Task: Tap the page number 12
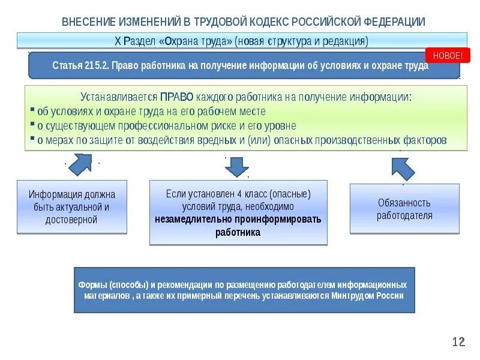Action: (x=458, y=342)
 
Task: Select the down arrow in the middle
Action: (x=237, y=166)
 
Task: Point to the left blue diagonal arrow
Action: (x=79, y=163)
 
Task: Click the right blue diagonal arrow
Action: (x=403, y=168)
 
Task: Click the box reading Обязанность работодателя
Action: (x=404, y=209)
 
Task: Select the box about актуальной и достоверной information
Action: (x=71, y=207)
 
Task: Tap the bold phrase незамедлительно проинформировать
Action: (x=238, y=219)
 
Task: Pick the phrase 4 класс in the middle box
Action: (x=253, y=195)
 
